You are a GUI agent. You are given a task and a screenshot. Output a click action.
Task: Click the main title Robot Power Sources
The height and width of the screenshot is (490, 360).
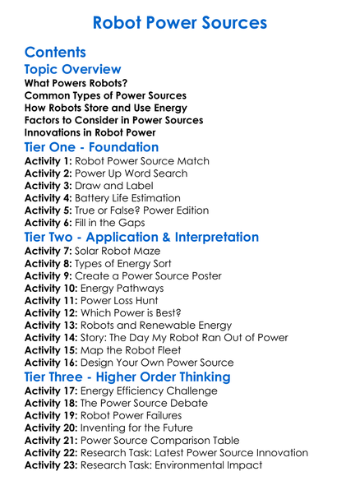click(x=179, y=22)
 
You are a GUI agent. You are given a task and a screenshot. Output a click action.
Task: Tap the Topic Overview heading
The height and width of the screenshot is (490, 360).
click(x=73, y=71)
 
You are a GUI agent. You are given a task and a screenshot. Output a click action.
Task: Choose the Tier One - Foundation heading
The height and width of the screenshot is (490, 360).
click(x=92, y=148)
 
